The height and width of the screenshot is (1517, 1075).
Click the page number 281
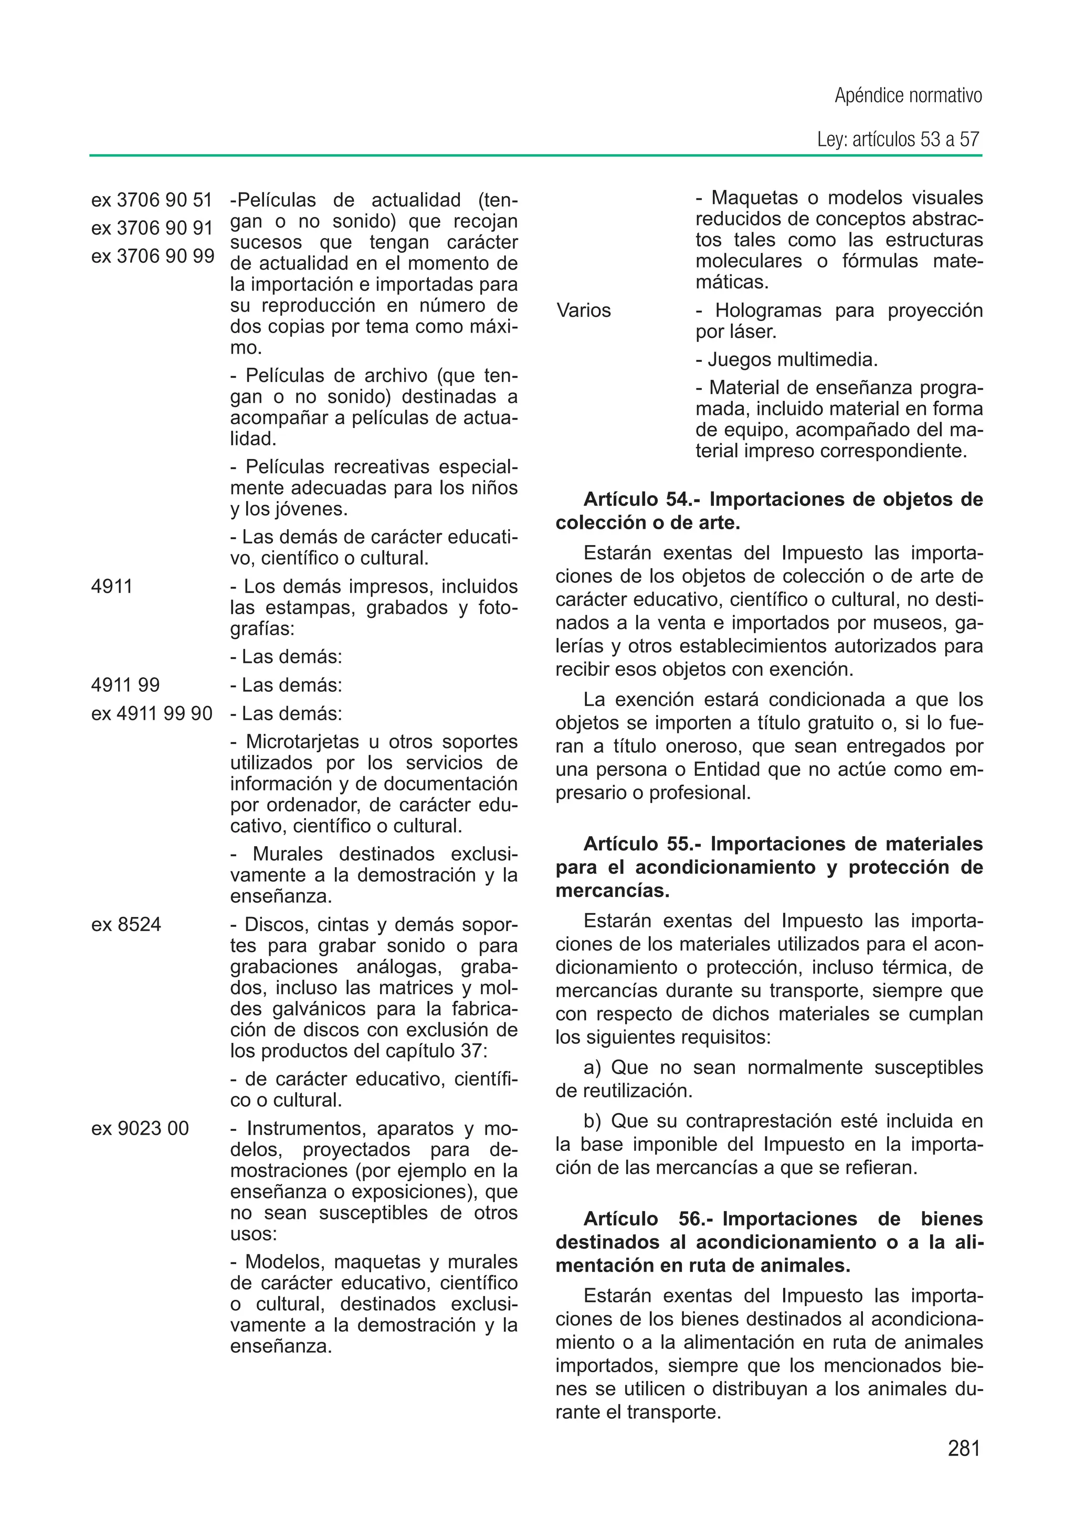coord(963,1448)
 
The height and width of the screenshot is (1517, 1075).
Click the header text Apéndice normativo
coord(908,96)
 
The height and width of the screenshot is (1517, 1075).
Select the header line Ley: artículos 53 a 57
coord(898,140)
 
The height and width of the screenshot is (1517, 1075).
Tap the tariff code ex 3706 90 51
coord(152,199)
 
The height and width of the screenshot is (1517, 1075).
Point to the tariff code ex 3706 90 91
coord(152,228)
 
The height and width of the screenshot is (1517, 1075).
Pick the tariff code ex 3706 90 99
coord(152,256)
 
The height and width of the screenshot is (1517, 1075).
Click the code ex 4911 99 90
coord(152,713)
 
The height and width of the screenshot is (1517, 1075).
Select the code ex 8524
coord(126,924)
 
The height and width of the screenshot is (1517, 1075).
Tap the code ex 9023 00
coord(140,1128)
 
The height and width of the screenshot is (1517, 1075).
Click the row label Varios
coord(583,311)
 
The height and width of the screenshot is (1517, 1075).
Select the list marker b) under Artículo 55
coord(593,1121)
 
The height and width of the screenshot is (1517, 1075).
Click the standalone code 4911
coord(112,586)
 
